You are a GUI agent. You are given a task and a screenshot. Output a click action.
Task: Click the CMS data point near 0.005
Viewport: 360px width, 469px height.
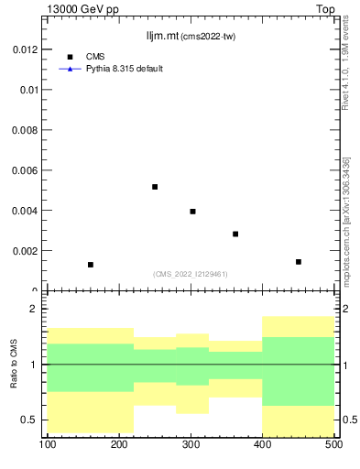click(x=155, y=187)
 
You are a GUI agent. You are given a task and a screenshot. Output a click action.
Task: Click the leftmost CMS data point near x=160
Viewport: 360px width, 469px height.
click(x=91, y=265)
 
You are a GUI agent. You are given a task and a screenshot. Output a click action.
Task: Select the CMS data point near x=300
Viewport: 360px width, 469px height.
click(x=192, y=212)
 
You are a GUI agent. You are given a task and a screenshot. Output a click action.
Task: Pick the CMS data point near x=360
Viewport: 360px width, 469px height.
click(x=235, y=234)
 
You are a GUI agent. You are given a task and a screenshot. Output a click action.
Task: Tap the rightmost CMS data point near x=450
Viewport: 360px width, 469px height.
click(x=299, y=262)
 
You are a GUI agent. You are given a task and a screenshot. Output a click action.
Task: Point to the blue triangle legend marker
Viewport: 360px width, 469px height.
click(x=70, y=69)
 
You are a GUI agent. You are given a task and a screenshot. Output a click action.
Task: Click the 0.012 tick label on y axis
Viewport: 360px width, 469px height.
click(x=24, y=49)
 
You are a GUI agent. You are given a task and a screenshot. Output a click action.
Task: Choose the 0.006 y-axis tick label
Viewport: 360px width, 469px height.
click(x=24, y=170)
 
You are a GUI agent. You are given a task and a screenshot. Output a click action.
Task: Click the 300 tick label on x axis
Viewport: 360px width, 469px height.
click(x=191, y=445)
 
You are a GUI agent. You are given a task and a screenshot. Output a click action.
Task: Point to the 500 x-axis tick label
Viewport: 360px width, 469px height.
click(x=333, y=445)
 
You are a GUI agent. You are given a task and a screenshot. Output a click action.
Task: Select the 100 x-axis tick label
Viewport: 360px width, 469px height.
click(x=48, y=445)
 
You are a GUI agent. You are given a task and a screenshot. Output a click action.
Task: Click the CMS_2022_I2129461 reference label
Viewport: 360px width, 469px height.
click(x=191, y=274)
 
